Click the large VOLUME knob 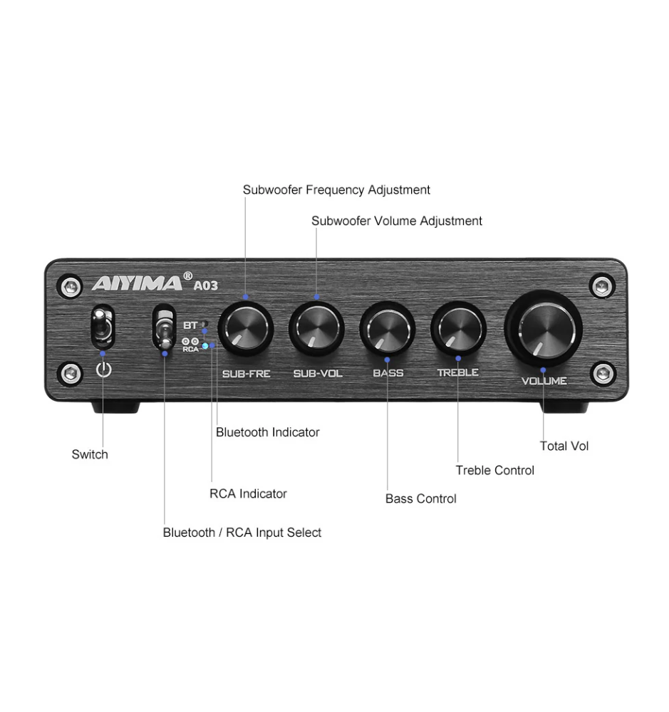coord(544,329)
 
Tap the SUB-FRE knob coord(245,328)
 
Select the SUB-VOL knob coord(317,328)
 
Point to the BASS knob coord(388,328)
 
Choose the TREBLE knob coord(459,328)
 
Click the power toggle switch coord(103,327)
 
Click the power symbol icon coord(103,369)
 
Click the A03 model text coord(205,286)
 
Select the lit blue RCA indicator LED coord(205,346)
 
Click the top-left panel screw coord(70,286)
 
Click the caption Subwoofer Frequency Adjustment coord(336,190)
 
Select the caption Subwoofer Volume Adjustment coord(396,221)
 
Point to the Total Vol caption coord(564,446)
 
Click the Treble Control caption coord(495,471)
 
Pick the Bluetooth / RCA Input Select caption coord(242,532)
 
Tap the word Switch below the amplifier coord(90,454)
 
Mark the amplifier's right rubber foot coord(564,407)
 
